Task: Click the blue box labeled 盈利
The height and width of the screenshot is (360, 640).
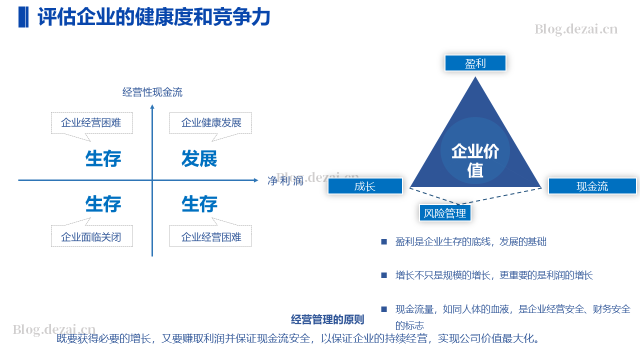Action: click(x=475, y=63)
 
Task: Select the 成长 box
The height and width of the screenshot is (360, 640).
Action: click(x=365, y=186)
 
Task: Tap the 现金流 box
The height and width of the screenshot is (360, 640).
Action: click(x=592, y=186)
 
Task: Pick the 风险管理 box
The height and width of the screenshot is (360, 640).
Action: click(x=445, y=213)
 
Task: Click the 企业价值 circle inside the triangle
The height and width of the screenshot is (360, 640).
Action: click(x=475, y=150)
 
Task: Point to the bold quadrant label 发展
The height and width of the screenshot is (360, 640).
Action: click(x=199, y=158)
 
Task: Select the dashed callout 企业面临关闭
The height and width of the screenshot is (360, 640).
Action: click(x=91, y=232)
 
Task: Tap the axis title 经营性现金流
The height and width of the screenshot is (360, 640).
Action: click(x=152, y=92)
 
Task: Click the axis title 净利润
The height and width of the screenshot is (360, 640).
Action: click(x=285, y=180)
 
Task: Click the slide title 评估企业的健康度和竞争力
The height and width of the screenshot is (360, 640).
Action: click(x=154, y=17)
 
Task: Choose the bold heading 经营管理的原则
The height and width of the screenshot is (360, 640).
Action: click(x=327, y=319)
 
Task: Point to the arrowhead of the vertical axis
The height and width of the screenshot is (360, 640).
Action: click(x=152, y=106)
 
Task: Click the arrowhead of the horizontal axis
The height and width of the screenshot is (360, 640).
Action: click(x=256, y=180)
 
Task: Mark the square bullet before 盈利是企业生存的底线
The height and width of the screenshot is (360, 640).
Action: click(x=384, y=242)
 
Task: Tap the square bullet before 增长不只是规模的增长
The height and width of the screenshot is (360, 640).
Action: click(x=384, y=275)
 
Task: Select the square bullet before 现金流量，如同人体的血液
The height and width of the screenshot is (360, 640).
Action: click(x=384, y=309)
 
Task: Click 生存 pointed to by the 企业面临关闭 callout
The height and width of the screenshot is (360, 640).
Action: click(x=103, y=204)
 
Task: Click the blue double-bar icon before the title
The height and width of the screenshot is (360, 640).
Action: click(x=23, y=17)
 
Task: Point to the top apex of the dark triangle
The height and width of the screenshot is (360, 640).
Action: click(x=475, y=77)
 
